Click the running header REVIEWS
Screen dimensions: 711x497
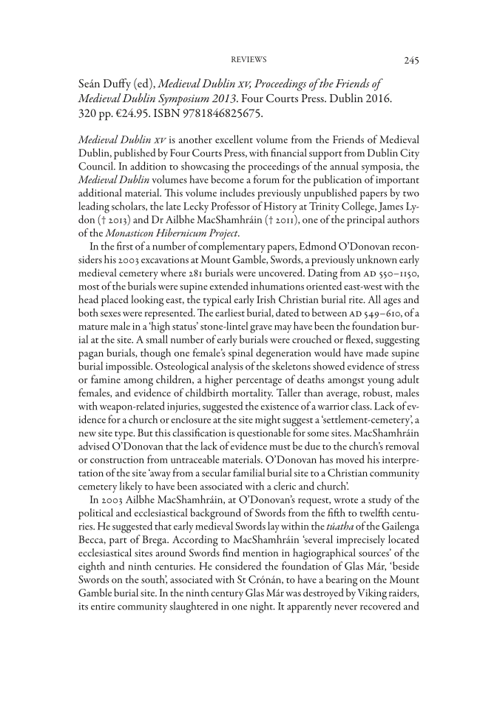(x=248, y=59)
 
